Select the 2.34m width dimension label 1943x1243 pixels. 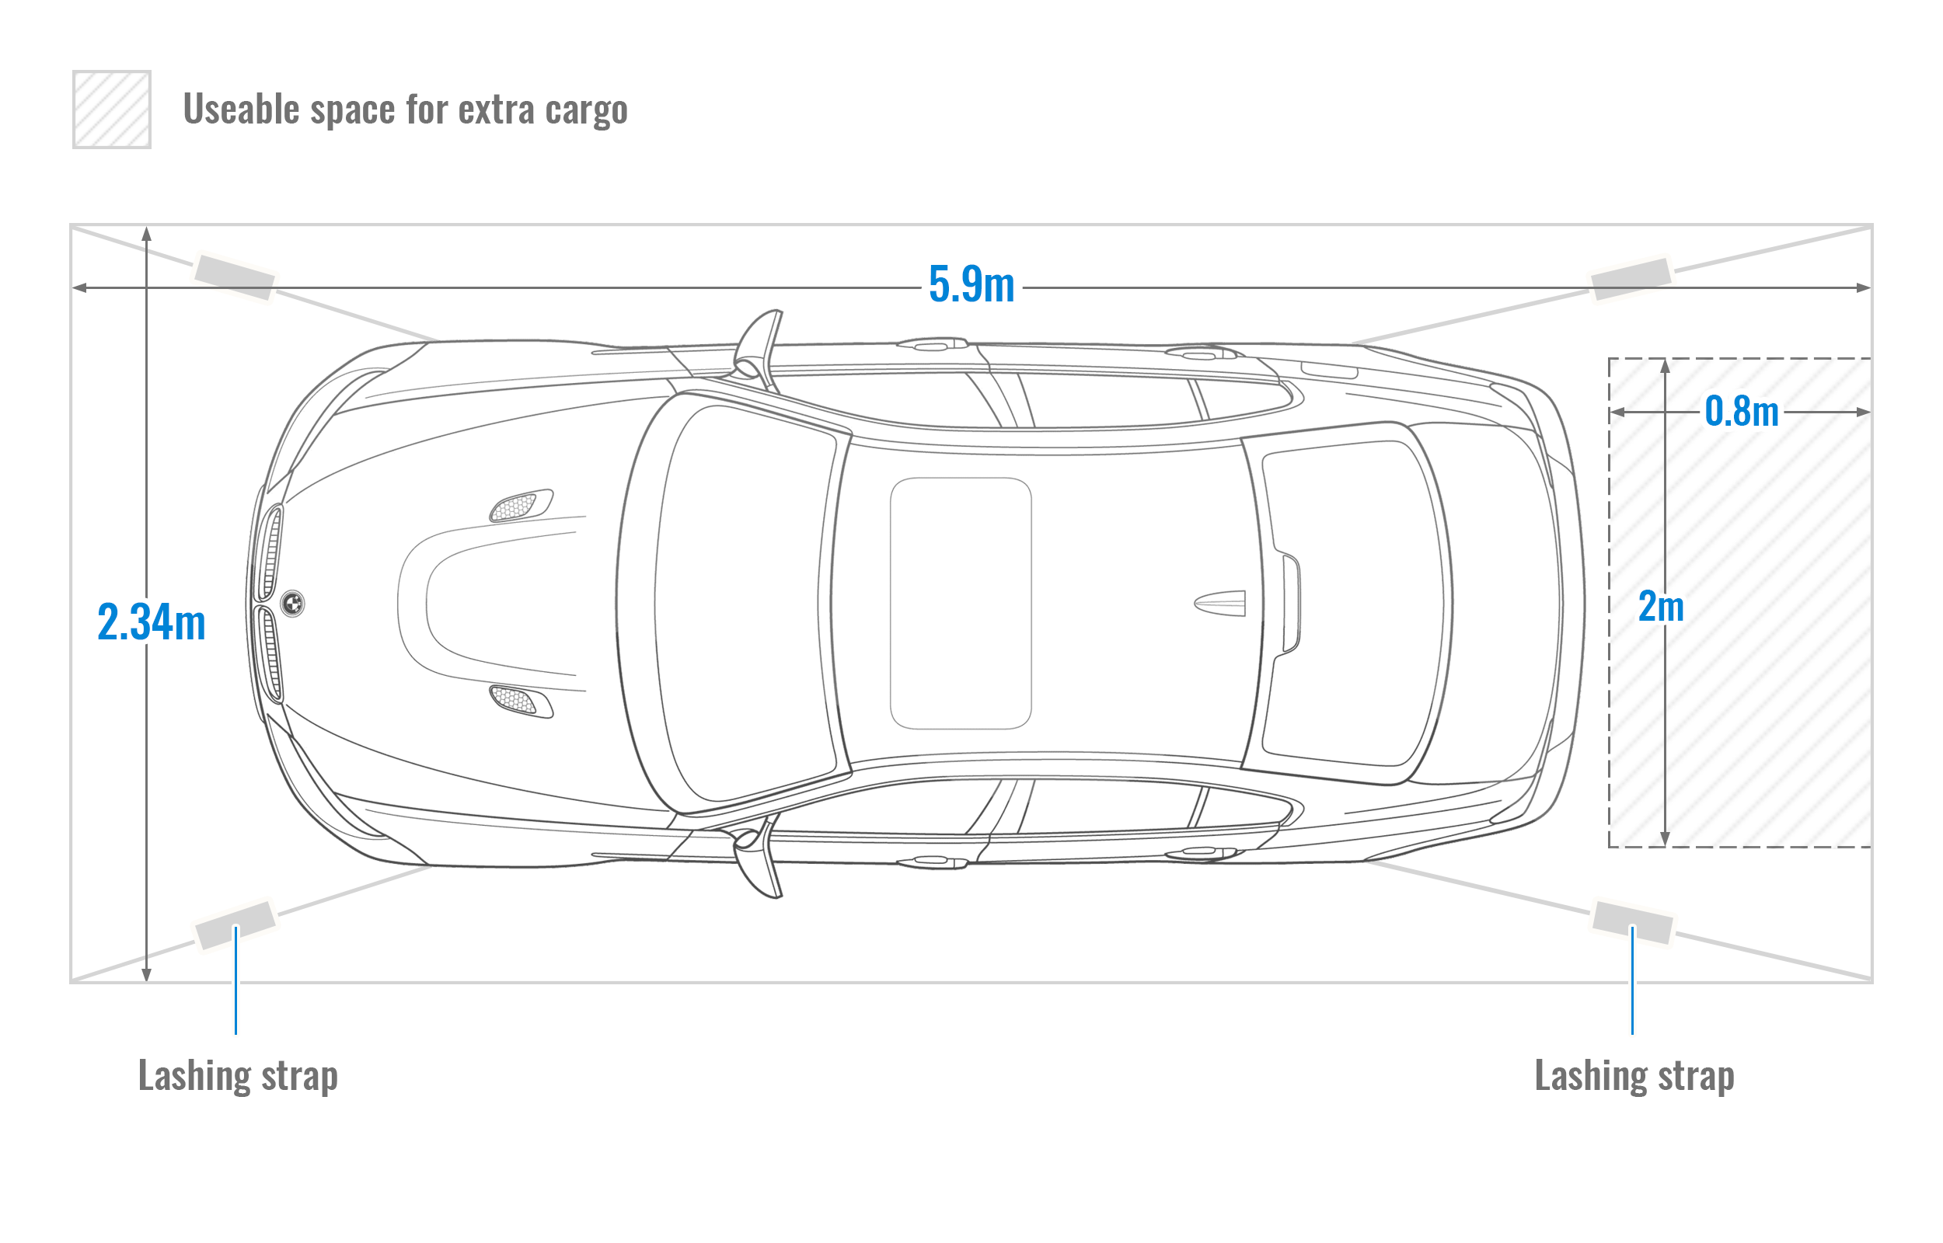click(152, 621)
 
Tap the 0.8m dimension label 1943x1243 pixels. click(1741, 411)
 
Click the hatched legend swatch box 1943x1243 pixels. click(111, 109)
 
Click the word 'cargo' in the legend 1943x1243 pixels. click(586, 110)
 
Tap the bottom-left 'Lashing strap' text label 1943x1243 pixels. click(238, 1076)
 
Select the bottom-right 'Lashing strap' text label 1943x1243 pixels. click(1634, 1076)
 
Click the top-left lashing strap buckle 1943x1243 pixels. click(235, 277)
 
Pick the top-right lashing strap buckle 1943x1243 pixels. click(1631, 278)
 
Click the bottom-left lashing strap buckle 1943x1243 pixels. click(235, 925)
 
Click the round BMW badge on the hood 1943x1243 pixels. click(293, 603)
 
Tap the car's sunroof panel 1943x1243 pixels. click(961, 603)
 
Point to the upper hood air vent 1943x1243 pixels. click(521, 505)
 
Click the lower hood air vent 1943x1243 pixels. click(521, 701)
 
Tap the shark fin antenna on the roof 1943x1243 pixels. click(1219, 603)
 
